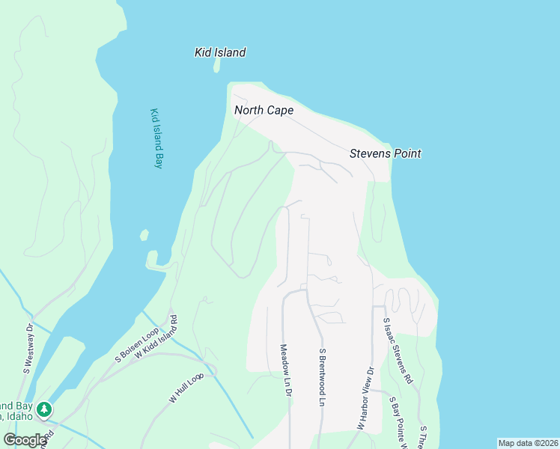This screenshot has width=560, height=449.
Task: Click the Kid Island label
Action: click(220, 52)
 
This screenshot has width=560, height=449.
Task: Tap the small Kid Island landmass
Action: click(217, 67)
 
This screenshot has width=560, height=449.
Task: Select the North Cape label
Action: click(264, 110)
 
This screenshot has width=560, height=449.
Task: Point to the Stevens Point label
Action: click(386, 153)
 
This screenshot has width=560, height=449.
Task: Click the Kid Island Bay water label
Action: click(156, 138)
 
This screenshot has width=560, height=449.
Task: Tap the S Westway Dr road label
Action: click(28, 348)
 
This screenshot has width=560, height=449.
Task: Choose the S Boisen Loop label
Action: click(137, 345)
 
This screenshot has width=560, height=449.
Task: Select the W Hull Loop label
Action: click(186, 388)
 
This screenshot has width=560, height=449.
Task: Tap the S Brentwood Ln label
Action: click(323, 377)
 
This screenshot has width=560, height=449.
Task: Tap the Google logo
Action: click(25, 439)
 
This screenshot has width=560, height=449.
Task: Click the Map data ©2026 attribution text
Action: click(527, 443)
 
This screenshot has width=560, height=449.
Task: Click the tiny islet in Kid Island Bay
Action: click(144, 235)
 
